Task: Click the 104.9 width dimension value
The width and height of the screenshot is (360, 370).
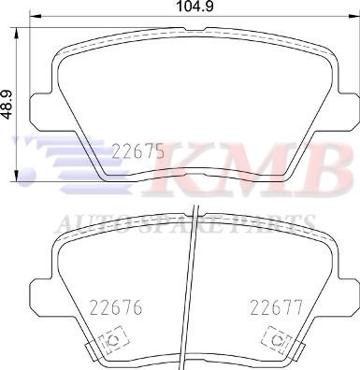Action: [194, 7]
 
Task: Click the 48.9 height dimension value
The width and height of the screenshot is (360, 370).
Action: [7, 105]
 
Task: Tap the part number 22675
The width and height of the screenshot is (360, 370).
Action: [138, 151]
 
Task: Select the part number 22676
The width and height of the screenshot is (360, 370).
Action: [116, 307]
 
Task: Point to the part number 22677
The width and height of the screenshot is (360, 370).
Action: [277, 307]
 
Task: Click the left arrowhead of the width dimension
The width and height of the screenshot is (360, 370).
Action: [36, 17]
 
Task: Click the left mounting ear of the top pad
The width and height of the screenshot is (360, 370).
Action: [40, 108]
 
